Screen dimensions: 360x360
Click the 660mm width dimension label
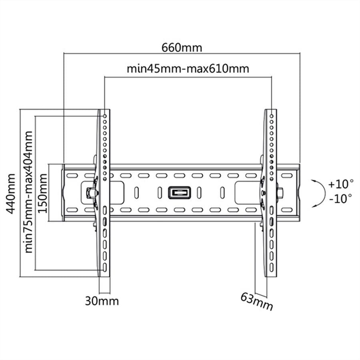pyautogui.click(x=182, y=47)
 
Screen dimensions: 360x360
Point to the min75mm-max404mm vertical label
pyautogui.click(x=28, y=192)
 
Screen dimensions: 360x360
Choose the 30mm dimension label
pyautogui.click(x=102, y=301)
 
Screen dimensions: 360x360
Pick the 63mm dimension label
pyautogui.click(x=256, y=302)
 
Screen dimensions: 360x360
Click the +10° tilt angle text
pyautogui.click(x=340, y=184)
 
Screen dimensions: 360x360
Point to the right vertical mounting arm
pyautogui.click(x=270, y=192)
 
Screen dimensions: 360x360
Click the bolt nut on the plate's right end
pyautogui.click(x=280, y=192)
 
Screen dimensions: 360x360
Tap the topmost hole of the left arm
pyautogui.click(x=105, y=116)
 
